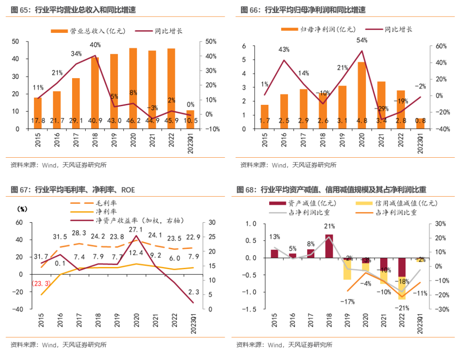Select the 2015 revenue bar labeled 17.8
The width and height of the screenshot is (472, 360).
(x=38, y=113)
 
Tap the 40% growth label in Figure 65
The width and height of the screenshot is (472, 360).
(x=95, y=45)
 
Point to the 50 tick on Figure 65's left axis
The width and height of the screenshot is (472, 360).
(x=15, y=42)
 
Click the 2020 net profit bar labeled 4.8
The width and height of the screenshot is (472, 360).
(x=362, y=95)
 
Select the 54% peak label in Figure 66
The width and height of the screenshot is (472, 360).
(x=362, y=40)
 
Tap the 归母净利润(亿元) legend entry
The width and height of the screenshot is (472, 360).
(x=318, y=29)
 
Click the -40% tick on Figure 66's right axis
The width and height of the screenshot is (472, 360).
(x=438, y=129)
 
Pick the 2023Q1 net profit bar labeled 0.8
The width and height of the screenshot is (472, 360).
(x=420, y=123)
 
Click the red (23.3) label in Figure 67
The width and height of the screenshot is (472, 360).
(x=41, y=284)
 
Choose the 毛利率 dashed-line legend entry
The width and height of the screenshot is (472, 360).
(x=90, y=203)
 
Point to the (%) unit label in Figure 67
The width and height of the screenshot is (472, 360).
(x=22, y=208)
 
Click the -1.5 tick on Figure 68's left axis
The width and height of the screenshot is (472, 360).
(x=250, y=309)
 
